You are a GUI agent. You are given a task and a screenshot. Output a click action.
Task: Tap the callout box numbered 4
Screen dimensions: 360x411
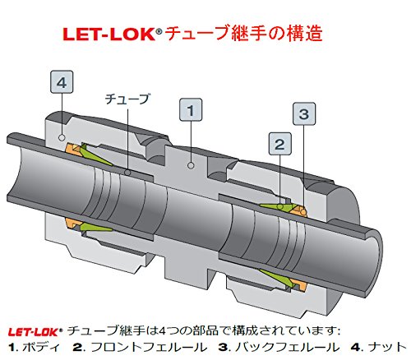63,82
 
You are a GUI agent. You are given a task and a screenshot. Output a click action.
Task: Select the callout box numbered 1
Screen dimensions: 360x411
190,108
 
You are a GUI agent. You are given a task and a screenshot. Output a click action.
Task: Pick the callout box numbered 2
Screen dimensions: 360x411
279,145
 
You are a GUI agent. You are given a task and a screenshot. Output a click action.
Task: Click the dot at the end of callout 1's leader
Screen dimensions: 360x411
190,165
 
